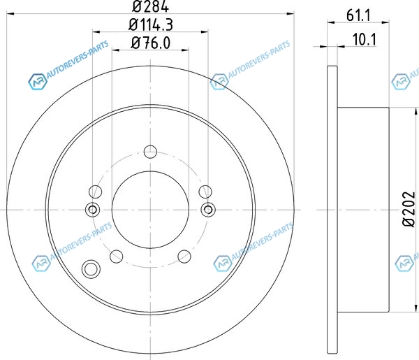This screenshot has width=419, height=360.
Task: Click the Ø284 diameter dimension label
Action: pyautogui.click(x=150, y=6)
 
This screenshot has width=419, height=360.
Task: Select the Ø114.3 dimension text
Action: pyautogui.click(x=151, y=24)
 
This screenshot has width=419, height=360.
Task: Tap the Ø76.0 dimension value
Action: pyautogui.click(x=151, y=43)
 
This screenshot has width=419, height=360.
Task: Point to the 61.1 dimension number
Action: pyautogui.click(x=358, y=15)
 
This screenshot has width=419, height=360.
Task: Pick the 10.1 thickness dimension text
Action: pyautogui.click(x=365, y=39)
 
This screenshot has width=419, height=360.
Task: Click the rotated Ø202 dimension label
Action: pyautogui.click(x=409, y=210)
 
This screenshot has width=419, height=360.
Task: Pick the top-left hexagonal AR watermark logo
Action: pyautogui.click(x=38, y=81)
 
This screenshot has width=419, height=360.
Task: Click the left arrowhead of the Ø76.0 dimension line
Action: pyautogui.click(x=115, y=50)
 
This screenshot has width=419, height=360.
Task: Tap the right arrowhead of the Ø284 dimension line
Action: pyautogui.click(x=291, y=13)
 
